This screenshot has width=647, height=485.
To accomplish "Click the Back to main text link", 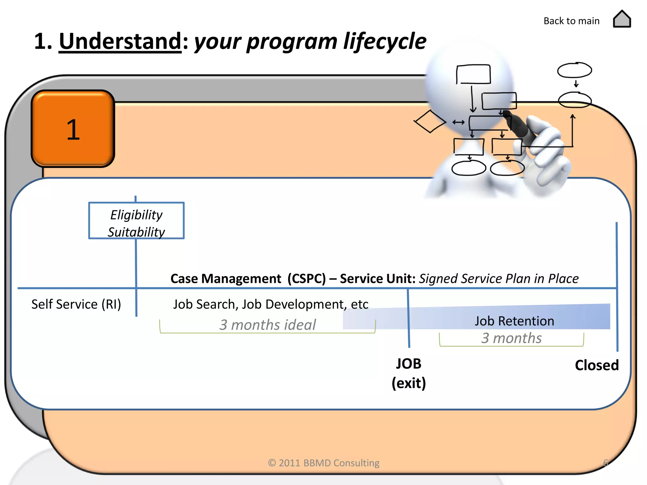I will [571, 21].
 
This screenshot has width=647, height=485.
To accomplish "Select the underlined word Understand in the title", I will [120, 41].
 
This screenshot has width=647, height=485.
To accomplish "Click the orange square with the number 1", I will [73, 129].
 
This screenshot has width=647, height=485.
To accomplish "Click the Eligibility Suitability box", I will [136, 221].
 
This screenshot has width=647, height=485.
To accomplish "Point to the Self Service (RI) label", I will [76, 304].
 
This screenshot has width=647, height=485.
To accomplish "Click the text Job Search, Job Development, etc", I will [270, 304].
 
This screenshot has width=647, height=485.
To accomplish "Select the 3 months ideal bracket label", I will [267, 325].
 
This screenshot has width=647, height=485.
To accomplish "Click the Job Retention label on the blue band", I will [514, 321].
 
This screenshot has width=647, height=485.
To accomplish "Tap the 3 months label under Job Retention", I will [511, 338].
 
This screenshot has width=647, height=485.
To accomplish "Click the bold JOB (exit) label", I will [408, 373].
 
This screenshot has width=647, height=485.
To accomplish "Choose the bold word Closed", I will [596, 365].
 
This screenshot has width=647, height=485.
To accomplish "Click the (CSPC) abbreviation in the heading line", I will [306, 279].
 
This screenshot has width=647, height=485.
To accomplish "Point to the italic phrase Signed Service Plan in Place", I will [499, 279].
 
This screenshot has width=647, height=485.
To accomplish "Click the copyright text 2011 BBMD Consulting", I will [323, 463].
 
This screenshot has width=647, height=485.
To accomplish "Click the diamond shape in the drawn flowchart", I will [430, 122].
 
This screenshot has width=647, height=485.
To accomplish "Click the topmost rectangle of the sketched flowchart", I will [473, 74].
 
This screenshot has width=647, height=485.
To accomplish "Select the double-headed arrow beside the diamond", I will [458, 122].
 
